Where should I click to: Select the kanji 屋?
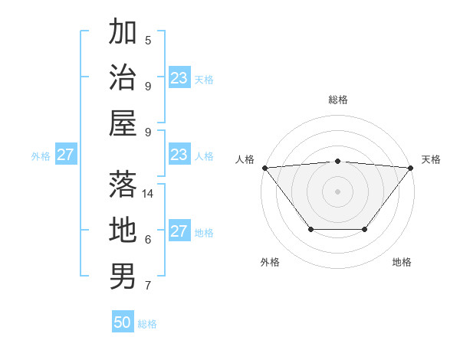click(123, 123)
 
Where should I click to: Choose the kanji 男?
click(123, 276)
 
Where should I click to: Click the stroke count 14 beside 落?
click(149, 194)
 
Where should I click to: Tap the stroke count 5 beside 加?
click(148, 40)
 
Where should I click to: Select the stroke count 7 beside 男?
click(148, 286)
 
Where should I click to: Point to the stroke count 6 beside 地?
click(148, 240)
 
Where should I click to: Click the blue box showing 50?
click(123, 322)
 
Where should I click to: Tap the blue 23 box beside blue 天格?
click(179, 78)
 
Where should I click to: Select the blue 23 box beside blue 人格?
click(179, 155)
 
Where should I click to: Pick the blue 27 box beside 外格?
click(65, 155)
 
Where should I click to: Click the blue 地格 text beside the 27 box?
click(204, 233)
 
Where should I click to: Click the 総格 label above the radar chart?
click(337, 100)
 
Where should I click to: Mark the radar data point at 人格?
click(264, 168)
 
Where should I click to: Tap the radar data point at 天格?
click(410, 168)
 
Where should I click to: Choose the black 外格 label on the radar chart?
click(270, 262)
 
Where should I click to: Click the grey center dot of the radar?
click(337, 191)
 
